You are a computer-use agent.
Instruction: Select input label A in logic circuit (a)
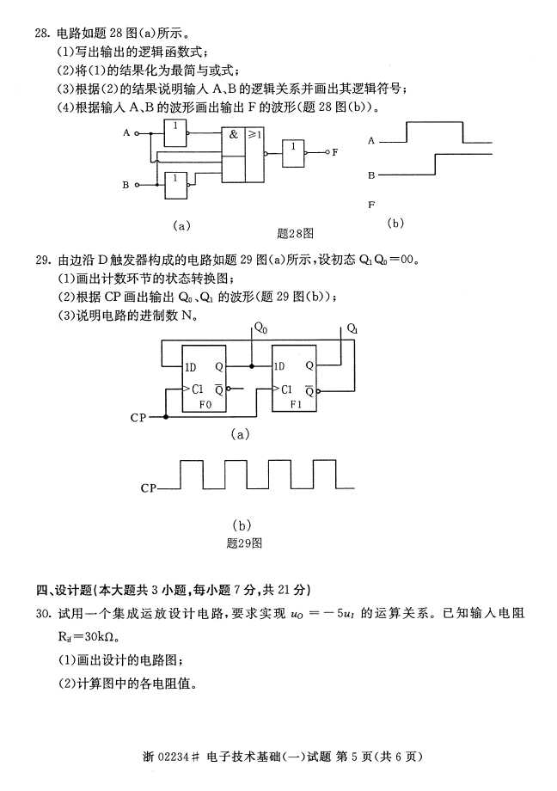tap(125, 133)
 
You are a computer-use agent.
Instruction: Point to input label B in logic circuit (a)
tap(125, 185)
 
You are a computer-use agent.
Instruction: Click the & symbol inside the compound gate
tap(233, 134)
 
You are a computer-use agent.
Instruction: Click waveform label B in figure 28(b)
tap(371, 175)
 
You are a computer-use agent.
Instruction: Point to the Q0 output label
tap(260, 328)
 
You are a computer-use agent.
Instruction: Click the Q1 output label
tap(353, 328)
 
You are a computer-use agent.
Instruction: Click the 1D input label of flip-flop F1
tap(278, 366)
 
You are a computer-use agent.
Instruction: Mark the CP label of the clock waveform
tap(149, 488)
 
